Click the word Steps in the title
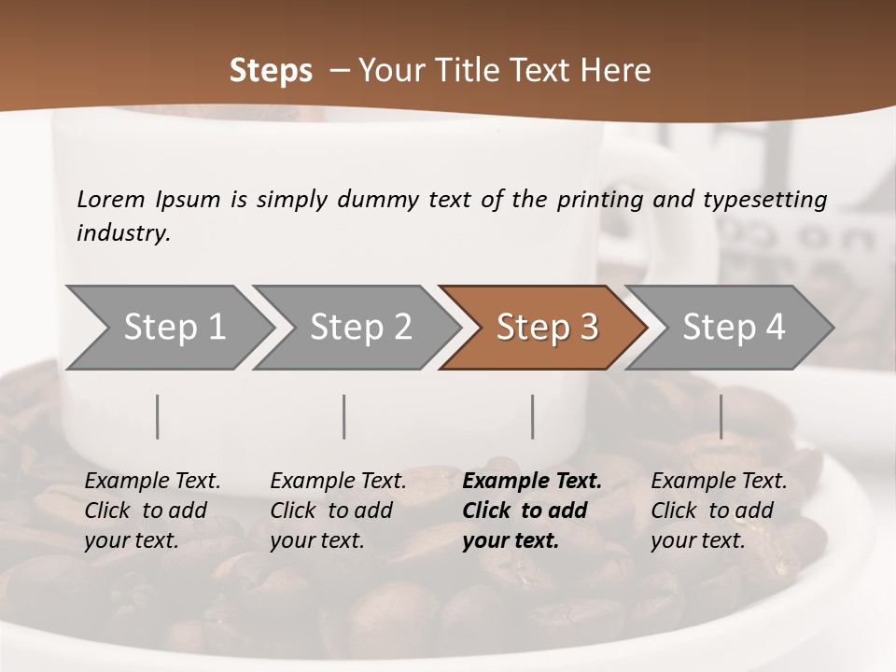point(271,71)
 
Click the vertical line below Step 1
point(158,416)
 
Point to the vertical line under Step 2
point(344,416)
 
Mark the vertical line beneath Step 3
point(533,416)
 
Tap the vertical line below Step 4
point(721,416)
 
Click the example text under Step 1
point(152,511)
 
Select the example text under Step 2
point(338,511)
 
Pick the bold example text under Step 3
point(532,511)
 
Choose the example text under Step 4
point(719,511)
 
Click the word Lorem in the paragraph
point(111,199)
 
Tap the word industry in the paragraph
point(122,233)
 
